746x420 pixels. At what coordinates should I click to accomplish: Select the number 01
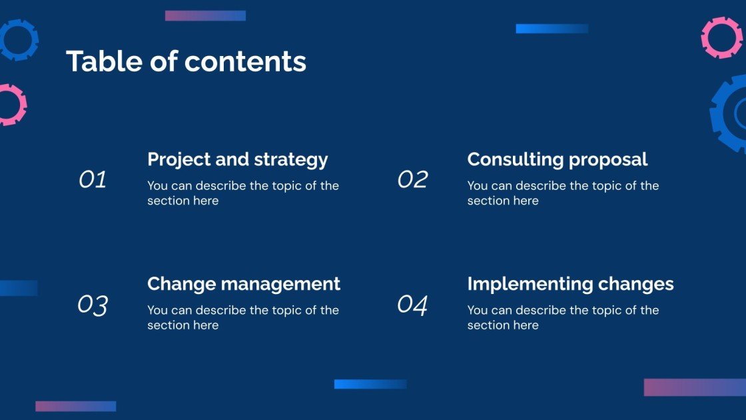tap(93, 179)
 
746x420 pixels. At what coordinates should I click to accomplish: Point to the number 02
tap(412, 179)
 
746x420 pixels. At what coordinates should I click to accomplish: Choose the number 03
tap(93, 305)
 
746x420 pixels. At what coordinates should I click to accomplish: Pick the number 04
tap(412, 305)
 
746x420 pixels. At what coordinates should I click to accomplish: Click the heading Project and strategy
tap(237, 160)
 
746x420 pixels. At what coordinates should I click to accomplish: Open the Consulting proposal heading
tap(557, 160)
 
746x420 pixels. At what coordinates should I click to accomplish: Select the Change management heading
tap(243, 284)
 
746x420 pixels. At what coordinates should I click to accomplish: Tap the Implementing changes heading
tap(570, 284)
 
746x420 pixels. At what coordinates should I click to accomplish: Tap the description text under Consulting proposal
tap(563, 193)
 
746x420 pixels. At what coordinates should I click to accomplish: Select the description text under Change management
tap(243, 317)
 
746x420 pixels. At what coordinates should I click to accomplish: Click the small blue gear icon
tap(16, 39)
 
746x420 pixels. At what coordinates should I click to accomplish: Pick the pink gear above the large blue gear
tap(721, 37)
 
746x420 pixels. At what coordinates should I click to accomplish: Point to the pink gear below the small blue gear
tap(9, 105)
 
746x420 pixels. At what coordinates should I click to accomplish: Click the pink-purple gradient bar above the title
tap(205, 15)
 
